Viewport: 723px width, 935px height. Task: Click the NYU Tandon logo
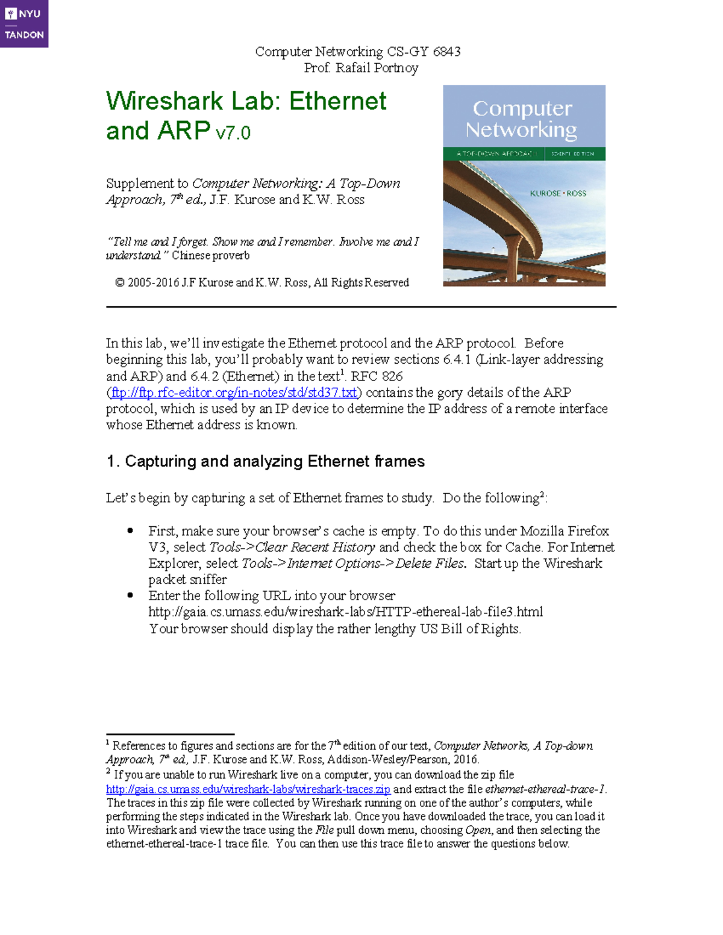pos(24,23)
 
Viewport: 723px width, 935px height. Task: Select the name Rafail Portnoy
pos(377,68)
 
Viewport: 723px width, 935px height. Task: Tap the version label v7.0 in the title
pos(233,132)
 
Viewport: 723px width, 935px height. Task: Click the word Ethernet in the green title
pos(337,101)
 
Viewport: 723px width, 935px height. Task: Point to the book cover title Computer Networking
pos(522,119)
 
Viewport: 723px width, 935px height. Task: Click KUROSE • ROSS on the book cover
pos(557,193)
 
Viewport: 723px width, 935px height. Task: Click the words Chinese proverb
pos(210,256)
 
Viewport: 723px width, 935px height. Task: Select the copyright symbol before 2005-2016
pos(120,282)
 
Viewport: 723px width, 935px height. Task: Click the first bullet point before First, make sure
pos(130,530)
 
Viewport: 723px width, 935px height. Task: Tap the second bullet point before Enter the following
pos(130,595)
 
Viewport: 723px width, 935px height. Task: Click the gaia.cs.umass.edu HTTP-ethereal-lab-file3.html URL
pos(345,612)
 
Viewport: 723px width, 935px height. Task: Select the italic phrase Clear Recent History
pos(315,547)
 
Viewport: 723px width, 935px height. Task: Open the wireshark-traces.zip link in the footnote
pos(248,789)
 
